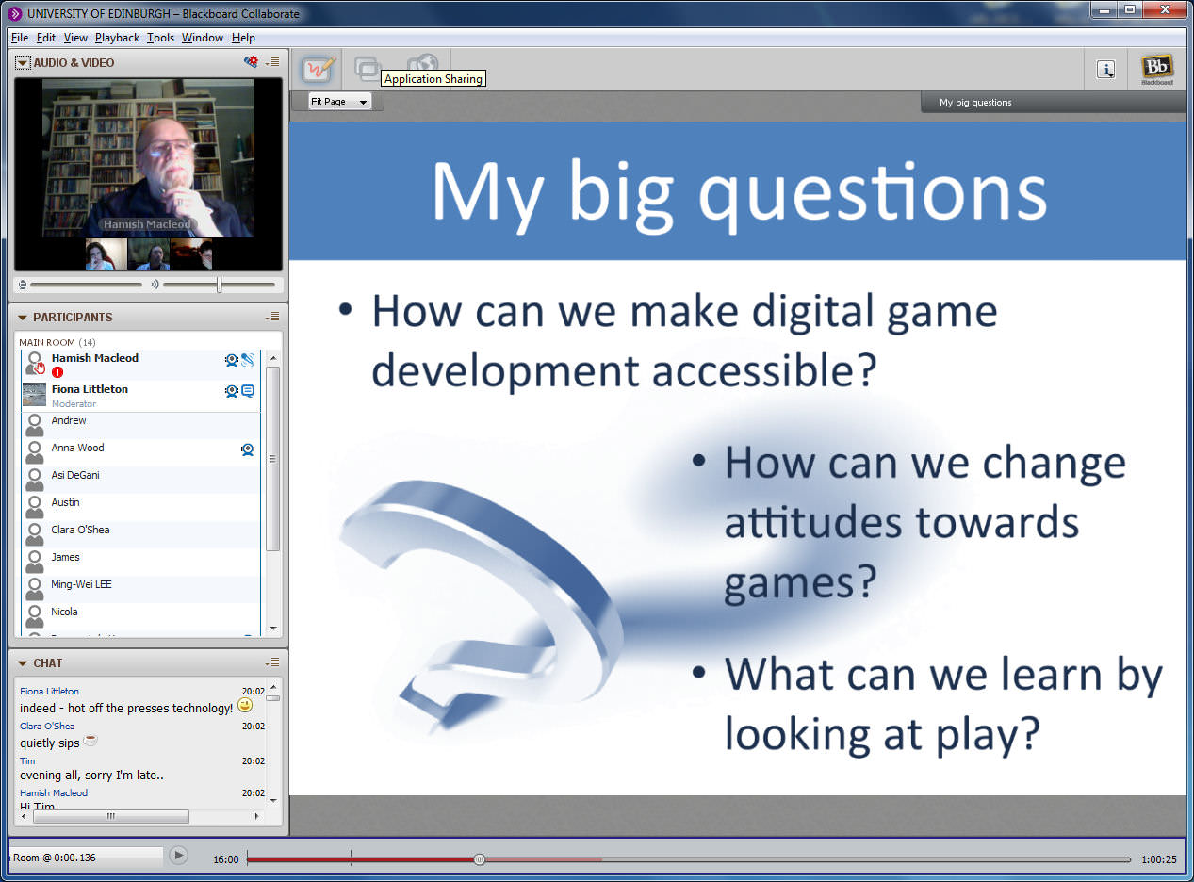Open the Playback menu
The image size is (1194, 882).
click(117, 38)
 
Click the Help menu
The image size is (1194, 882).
click(243, 38)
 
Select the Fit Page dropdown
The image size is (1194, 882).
click(339, 101)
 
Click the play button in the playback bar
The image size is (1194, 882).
click(178, 855)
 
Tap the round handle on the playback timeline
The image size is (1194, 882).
click(479, 859)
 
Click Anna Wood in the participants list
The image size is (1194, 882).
click(77, 448)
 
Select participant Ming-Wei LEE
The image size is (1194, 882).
click(81, 584)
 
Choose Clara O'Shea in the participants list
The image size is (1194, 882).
click(80, 530)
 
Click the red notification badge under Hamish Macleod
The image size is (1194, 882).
click(57, 372)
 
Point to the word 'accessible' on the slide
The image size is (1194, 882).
click(764, 371)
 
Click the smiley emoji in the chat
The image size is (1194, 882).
click(245, 706)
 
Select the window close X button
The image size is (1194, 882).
click(1166, 9)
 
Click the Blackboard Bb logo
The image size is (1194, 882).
click(1157, 70)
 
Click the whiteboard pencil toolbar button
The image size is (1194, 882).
click(318, 69)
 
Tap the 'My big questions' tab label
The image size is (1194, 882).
click(975, 103)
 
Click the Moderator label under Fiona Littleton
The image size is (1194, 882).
click(74, 404)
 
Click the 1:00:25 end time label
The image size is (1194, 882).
click(1159, 859)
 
